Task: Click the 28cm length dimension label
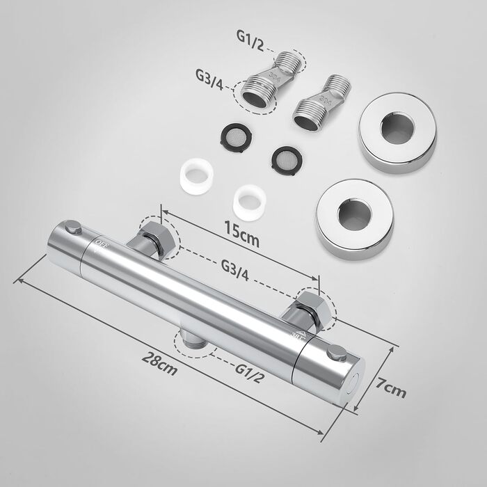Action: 159,363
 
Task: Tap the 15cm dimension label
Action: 242,232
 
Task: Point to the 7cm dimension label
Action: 391,388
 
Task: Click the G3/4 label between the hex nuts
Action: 235,270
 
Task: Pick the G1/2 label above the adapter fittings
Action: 250,40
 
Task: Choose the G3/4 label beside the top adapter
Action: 209,79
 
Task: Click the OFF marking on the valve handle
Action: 102,245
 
